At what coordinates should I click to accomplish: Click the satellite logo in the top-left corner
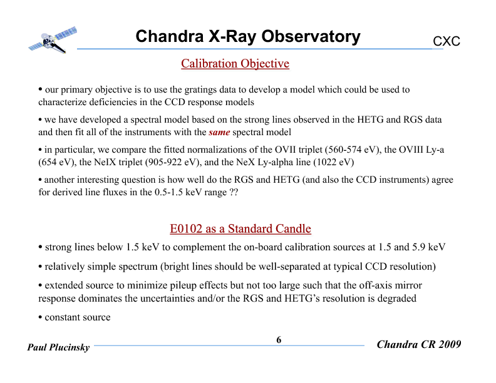coord(52,39)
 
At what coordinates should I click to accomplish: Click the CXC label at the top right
coord(447,41)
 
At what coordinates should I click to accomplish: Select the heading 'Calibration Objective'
coord(235,64)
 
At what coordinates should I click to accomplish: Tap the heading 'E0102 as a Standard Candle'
coord(240,228)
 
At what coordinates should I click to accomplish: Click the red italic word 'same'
coord(219,132)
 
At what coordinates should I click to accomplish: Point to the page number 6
coord(279,340)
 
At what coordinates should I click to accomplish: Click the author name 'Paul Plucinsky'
coord(58,347)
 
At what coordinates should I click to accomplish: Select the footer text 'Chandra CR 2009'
coord(419,345)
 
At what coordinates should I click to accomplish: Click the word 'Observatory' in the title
coord(311,37)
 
